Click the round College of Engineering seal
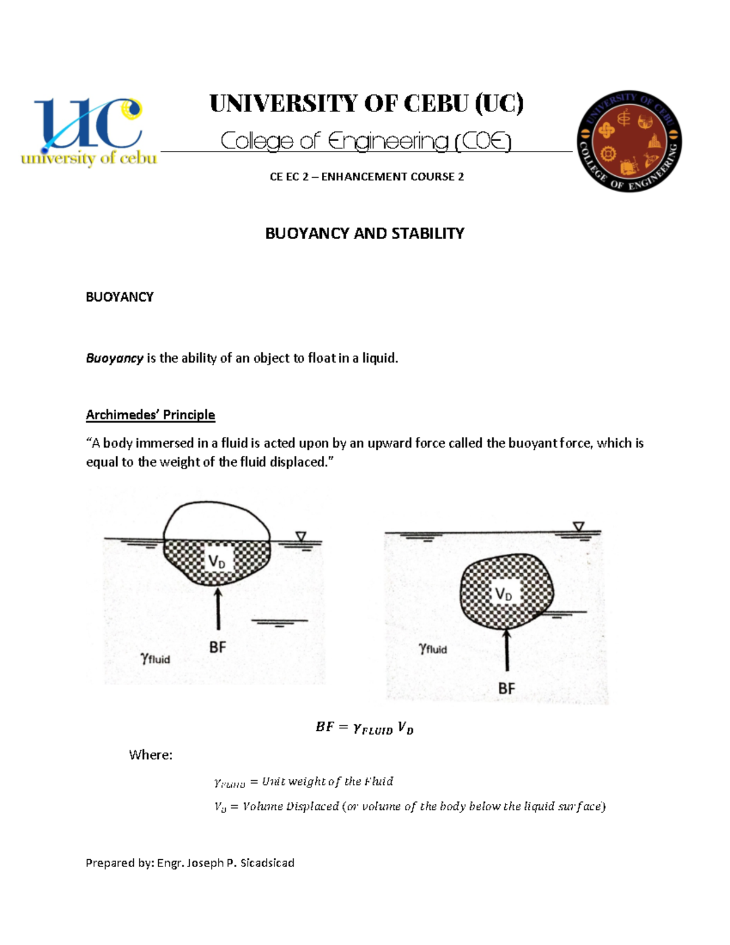tap(629, 141)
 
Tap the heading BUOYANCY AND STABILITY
tap(364, 233)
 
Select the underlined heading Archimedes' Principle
tap(150, 415)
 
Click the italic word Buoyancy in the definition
tap(114, 358)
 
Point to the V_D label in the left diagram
tap(217, 561)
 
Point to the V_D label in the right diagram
tap(504, 594)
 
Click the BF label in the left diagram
tap(217, 647)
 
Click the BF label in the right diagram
tap(506, 688)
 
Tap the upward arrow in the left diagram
tap(218, 608)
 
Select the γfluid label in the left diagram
tap(155, 658)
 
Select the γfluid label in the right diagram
tap(433, 649)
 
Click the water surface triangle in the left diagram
tap(301, 536)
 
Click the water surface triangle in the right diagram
tap(579, 526)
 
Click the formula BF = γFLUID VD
tap(364, 728)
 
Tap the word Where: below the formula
tap(150, 755)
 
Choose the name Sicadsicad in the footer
tap(267, 863)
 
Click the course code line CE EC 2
tap(366, 176)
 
